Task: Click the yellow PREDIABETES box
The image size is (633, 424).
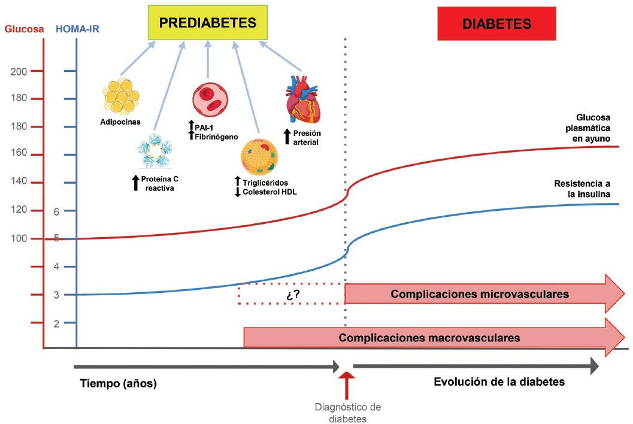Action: [207, 23]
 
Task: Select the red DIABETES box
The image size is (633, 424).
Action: [496, 24]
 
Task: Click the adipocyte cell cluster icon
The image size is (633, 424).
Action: [122, 95]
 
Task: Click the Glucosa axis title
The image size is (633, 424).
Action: [23, 28]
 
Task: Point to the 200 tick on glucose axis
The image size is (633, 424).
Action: [19, 72]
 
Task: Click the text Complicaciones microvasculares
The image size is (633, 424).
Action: [479, 294]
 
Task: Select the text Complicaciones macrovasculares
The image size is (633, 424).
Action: [429, 337]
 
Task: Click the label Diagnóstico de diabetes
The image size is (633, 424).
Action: [347, 413]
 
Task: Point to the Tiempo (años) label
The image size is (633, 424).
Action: [118, 384]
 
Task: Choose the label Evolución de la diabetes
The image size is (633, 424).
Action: [499, 381]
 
